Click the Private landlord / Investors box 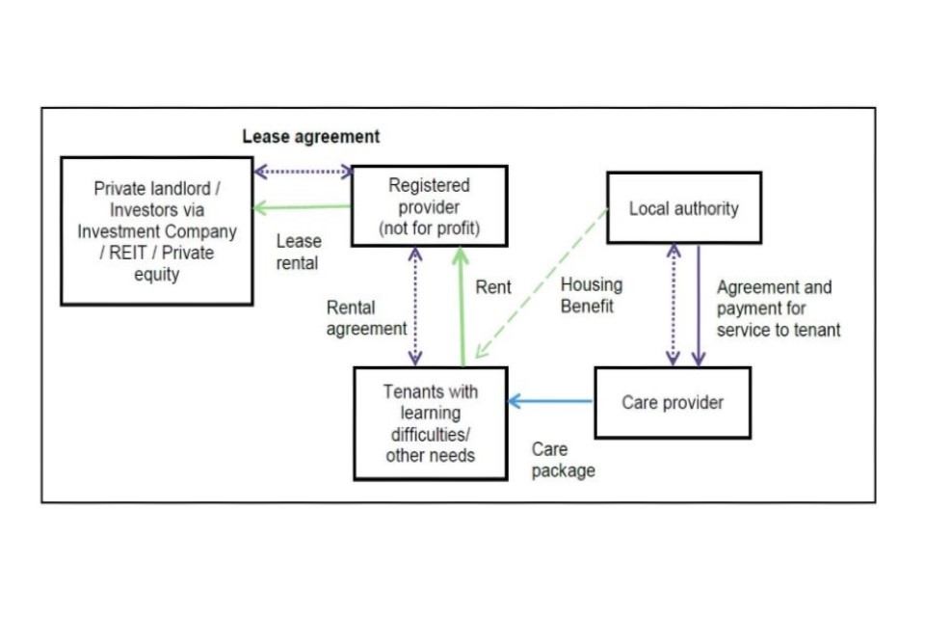(x=157, y=231)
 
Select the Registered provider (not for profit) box (x=430, y=206)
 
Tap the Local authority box (x=683, y=208)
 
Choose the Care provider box (x=672, y=402)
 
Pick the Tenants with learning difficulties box (x=430, y=423)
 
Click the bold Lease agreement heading (x=310, y=137)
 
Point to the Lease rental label (x=298, y=252)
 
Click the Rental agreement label (x=366, y=318)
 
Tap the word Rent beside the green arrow (x=493, y=287)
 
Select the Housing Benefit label (x=591, y=295)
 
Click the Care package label (x=563, y=460)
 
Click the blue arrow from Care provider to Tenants (x=550, y=401)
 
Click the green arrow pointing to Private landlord (x=302, y=206)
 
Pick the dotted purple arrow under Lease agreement (x=303, y=172)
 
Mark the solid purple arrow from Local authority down (x=699, y=305)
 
